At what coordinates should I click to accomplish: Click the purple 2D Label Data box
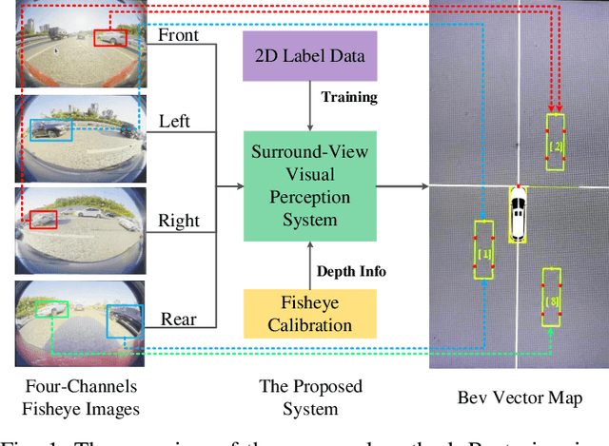311,54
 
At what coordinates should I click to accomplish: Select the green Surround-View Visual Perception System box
311,185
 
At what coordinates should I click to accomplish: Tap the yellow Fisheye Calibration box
311,314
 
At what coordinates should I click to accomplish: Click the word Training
348,97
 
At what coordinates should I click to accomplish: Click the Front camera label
179,35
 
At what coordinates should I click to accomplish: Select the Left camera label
174,122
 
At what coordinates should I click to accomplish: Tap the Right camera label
178,221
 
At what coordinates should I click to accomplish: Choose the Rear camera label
178,320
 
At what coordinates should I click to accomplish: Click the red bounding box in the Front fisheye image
109,37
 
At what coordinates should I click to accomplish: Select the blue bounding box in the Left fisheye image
49,129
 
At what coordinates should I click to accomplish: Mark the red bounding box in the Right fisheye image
43,221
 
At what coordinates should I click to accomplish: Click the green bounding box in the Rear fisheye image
52,308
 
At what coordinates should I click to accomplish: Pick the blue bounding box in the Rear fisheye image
124,320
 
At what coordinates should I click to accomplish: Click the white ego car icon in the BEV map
517,213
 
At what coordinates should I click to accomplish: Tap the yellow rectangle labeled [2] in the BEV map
555,143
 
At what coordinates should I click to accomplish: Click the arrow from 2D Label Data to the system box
311,105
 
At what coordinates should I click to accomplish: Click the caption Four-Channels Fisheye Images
80,397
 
